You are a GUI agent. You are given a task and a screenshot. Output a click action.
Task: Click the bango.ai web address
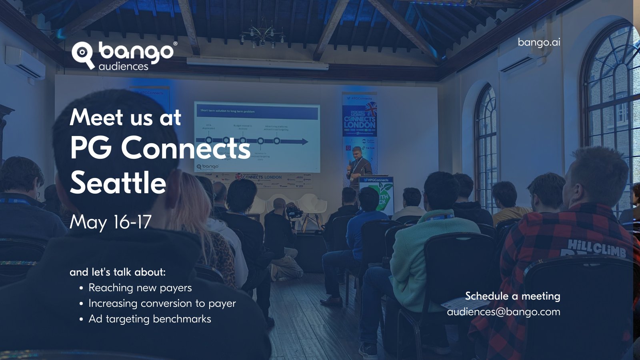539,42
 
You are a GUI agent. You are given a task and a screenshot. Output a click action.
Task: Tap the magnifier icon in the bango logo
82,53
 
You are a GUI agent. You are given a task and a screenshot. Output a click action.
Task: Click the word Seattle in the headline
118,183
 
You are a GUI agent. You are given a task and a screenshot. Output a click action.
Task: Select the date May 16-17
110,222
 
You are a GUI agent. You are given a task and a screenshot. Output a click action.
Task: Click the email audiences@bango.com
503,312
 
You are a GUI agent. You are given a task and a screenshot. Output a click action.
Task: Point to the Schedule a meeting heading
512,296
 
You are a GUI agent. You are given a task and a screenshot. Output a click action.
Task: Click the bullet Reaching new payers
140,288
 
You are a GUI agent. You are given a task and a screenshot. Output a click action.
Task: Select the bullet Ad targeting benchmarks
150,319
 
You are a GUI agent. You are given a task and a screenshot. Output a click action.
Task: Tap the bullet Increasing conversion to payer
162,303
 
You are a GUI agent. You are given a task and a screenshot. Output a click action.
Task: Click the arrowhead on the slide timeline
304,141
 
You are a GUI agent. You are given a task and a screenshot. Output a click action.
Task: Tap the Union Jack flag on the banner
370,109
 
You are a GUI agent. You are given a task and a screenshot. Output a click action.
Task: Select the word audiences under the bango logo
123,66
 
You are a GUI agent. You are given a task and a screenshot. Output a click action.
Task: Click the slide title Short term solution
227,111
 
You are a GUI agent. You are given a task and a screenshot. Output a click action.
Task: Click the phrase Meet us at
125,118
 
